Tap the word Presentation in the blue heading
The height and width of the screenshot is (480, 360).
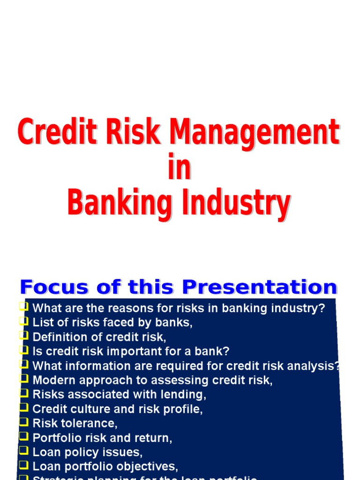[x=259, y=287]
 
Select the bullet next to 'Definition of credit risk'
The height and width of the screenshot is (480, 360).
[x=23, y=336]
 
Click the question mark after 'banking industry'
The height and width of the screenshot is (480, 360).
[x=321, y=308]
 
